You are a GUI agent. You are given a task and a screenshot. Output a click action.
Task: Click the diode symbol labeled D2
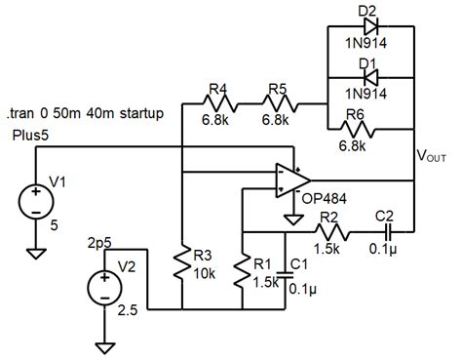click(368, 28)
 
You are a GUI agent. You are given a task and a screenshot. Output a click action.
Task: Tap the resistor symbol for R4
click(218, 102)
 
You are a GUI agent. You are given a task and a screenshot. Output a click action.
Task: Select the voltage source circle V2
click(102, 290)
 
